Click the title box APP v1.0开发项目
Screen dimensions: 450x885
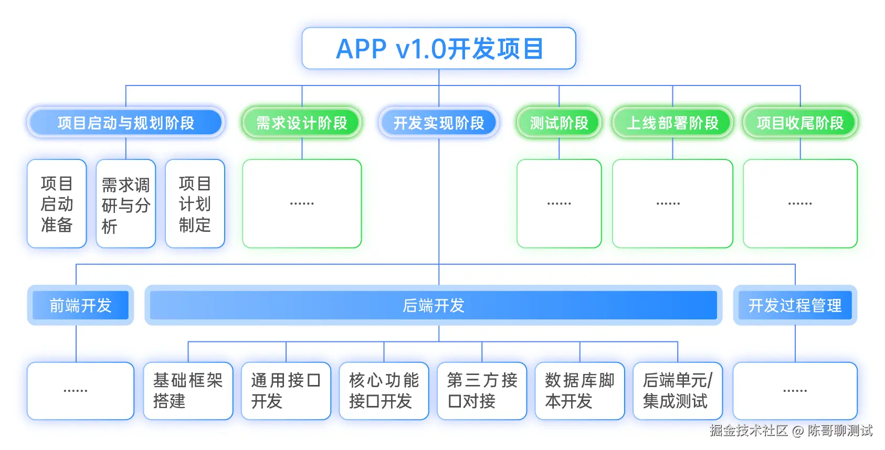(x=439, y=48)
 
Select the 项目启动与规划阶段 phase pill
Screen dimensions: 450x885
(x=126, y=123)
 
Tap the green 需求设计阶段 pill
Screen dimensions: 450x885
(x=302, y=123)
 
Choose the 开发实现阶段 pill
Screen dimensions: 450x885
(x=439, y=123)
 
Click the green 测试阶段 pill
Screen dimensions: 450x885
(x=559, y=123)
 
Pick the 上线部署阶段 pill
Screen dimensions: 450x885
(x=672, y=123)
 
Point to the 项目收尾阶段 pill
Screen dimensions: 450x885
(x=800, y=123)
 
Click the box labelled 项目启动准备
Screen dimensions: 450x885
(x=57, y=203)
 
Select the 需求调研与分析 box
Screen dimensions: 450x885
(x=126, y=203)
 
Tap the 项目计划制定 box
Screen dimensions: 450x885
(x=195, y=203)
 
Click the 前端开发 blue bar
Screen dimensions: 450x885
(x=80, y=305)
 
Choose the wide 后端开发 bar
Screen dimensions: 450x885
(x=434, y=305)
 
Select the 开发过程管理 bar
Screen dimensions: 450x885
(x=795, y=305)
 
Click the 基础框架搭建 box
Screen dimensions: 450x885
(x=188, y=391)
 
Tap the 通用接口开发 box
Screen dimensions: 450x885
(x=286, y=391)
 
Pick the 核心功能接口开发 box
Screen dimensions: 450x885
(x=384, y=391)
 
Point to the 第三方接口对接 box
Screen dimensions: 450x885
(x=482, y=391)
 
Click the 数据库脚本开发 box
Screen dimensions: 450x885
(x=580, y=391)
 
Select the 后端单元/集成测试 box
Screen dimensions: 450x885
(x=678, y=391)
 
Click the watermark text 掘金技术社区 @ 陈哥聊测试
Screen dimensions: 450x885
(x=791, y=431)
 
